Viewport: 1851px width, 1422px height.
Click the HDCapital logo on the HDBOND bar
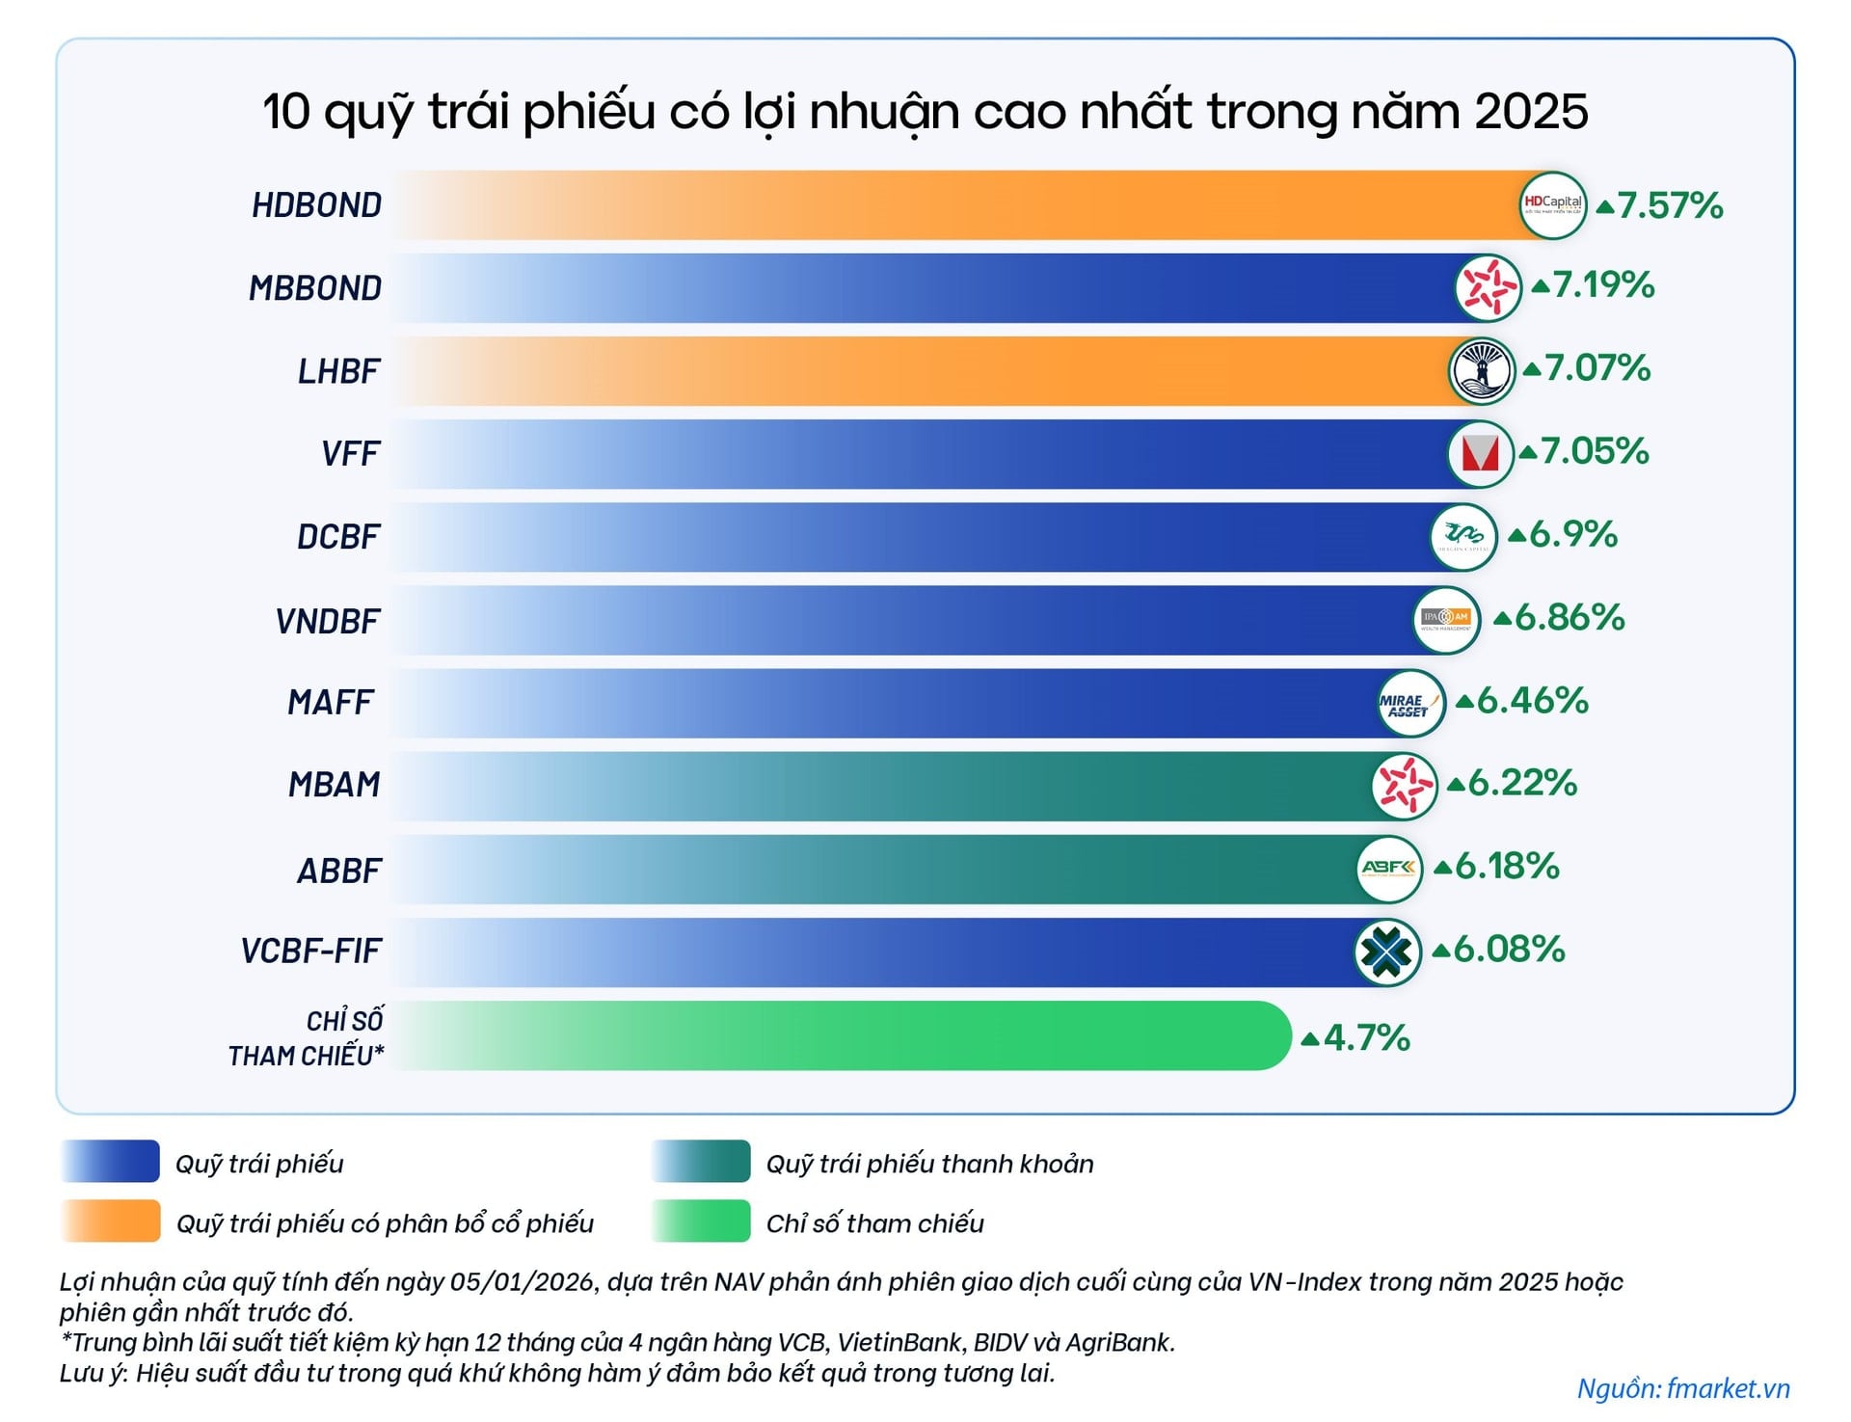point(1552,204)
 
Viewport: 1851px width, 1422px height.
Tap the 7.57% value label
point(1670,205)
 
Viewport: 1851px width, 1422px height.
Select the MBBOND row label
point(315,288)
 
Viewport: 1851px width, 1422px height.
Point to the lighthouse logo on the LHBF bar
point(1482,371)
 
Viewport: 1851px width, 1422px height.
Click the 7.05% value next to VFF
point(1595,451)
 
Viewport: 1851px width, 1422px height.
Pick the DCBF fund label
point(338,537)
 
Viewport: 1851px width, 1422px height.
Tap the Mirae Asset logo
point(1410,704)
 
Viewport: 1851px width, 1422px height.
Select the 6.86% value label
point(1569,618)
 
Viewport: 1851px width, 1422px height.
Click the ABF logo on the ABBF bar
point(1388,869)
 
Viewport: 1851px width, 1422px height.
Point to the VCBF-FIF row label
point(311,952)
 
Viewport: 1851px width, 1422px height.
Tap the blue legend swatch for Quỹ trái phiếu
point(111,1162)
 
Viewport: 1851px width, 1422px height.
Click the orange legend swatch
point(111,1221)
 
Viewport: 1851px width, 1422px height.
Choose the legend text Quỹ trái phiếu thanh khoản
point(929,1164)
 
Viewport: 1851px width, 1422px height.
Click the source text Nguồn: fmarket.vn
point(1683,1388)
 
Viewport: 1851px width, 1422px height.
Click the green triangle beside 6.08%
point(1441,952)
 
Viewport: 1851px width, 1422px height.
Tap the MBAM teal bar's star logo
point(1404,785)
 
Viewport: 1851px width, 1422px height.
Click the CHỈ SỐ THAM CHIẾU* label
point(307,1038)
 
